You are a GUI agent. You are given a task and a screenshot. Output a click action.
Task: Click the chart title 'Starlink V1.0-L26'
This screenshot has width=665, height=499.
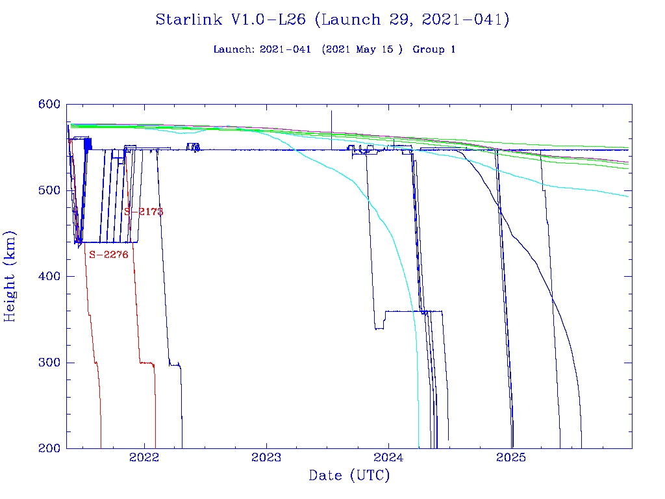click(x=231, y=19)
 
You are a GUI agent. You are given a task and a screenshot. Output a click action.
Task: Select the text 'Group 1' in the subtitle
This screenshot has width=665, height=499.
click(x=434, y=49)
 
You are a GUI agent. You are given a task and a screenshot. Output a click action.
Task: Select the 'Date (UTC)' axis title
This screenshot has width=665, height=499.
click(x=349, y=476)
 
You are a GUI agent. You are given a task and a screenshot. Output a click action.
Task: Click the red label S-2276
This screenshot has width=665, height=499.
click(x=108, y=255)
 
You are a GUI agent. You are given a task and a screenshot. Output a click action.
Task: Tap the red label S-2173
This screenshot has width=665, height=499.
click(x=144, y=212)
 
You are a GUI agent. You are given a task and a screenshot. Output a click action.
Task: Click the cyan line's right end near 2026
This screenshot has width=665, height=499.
click(x=627, y=196)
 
